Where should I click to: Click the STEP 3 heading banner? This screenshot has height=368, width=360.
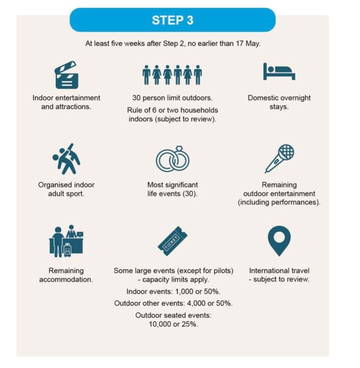pos(172,20)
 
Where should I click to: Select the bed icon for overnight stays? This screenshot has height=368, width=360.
pos(279,72)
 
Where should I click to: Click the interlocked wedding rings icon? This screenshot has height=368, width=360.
pos(173,159)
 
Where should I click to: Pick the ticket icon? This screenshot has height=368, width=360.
pos(173,241)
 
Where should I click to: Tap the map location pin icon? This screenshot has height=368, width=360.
pos(279,240)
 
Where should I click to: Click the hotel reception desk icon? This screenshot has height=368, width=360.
pos(66,241)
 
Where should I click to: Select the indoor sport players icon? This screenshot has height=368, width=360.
pos(66,159)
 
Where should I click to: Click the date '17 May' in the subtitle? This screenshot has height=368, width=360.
pos(248,43)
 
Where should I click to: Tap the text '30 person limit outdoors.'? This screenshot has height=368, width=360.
pos(172,98)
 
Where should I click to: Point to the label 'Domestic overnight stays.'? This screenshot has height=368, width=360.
pos(279,102)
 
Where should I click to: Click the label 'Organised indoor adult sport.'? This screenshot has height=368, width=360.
pos(66,189)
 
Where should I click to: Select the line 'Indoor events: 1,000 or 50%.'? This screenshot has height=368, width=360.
pos(173,292)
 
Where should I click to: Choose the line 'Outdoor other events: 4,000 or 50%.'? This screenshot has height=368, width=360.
pos(173,303)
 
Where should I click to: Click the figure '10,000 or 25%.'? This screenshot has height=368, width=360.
pos(173,324)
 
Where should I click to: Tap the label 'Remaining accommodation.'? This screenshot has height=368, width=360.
pos(66,275)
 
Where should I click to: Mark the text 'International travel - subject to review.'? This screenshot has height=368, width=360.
pos(279,275)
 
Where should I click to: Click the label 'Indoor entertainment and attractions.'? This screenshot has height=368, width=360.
pos(66,102)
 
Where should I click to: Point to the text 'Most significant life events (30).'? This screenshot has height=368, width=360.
pos(173,189)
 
